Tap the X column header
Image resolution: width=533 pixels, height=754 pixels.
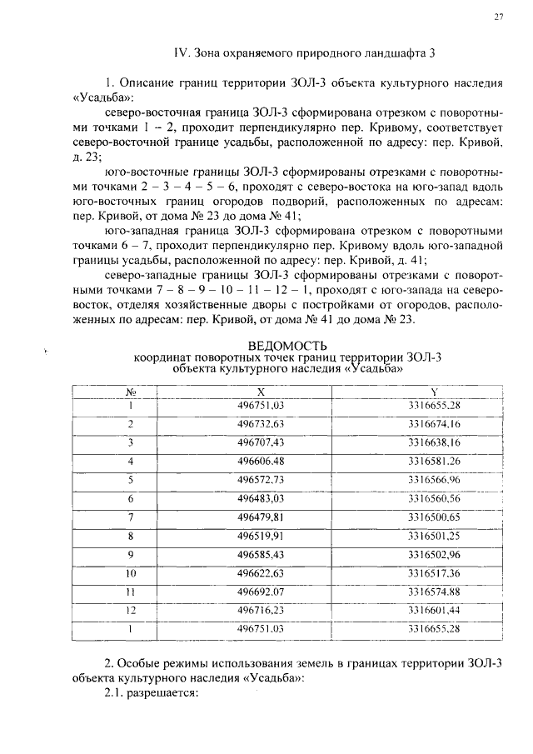[x=261, y=392]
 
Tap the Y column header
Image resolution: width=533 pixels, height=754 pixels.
[x=434, y=392]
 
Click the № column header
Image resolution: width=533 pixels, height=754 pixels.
[x=131, y=392]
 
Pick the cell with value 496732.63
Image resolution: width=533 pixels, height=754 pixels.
[x=261, y=424]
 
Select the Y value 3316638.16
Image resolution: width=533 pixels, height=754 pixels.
[x=434, y=442]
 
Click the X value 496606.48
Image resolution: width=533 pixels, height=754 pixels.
[x=261, y=461]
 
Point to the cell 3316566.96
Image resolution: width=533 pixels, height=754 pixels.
[x=434, y=480]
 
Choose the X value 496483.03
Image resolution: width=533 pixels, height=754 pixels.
[x=261, y=498]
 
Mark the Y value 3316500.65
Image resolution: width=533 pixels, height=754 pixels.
[x=434, y=517]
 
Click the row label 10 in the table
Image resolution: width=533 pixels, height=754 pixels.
[x=131, y=572]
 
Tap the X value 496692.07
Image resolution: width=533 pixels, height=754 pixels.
[x=261, y=592]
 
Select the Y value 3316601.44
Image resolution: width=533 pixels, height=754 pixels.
[x=434, y=610]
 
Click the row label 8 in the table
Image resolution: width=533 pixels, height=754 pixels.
[x=131, y=536]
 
